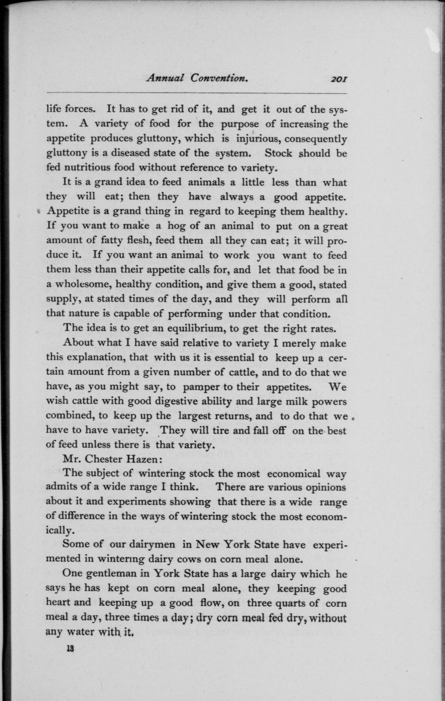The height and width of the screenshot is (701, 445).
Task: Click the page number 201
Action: pos(338,79)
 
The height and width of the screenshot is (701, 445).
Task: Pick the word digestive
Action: pos(172,401)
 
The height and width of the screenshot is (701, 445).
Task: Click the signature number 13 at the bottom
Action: pos(70,649)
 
